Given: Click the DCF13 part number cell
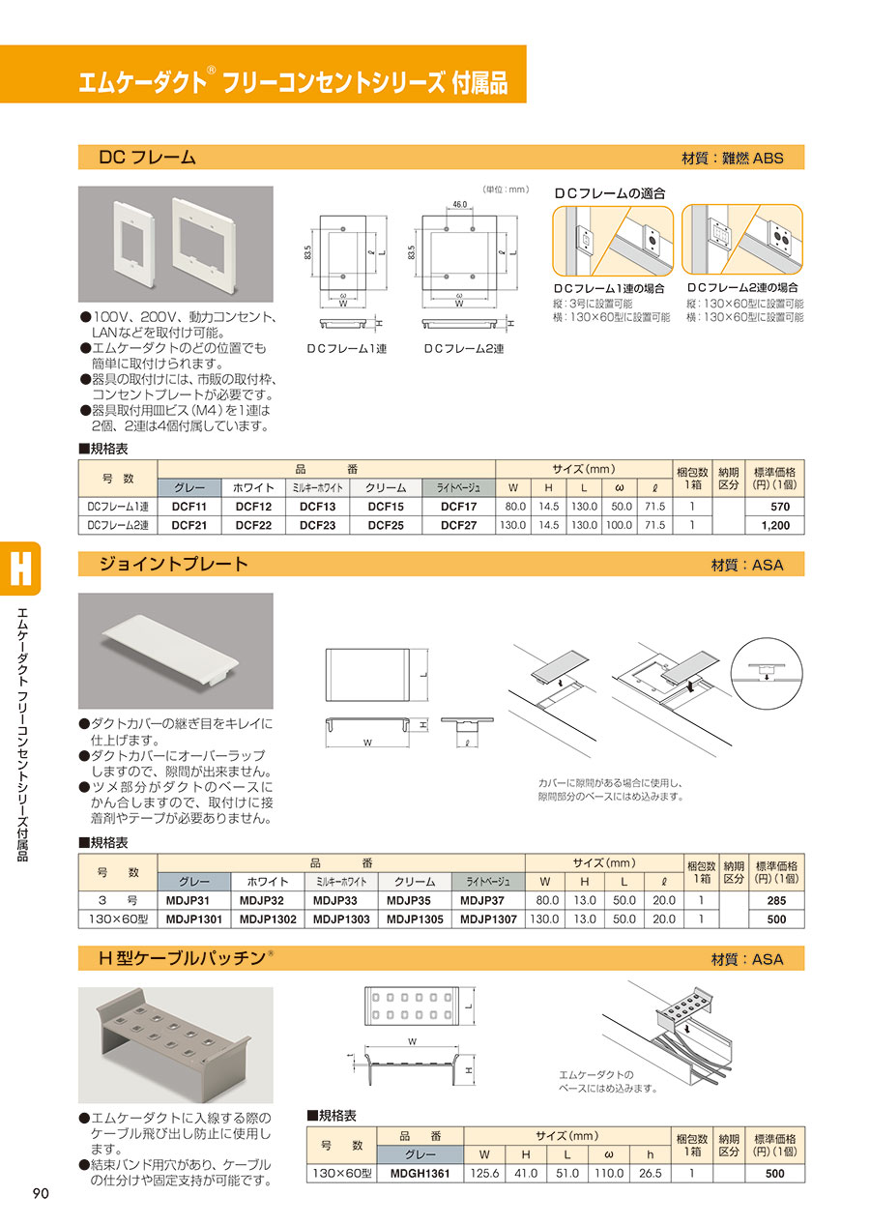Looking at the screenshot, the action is (x=317, y=507).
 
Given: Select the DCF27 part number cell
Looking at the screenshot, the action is (x=458, y=525).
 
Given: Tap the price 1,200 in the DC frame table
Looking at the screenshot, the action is (x=775, y=525).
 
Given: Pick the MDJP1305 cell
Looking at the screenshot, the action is (x=415, y=919).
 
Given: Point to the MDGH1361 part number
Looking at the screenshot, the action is (x=420, y=1173).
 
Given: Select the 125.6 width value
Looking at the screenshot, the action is (x=484, y=1173).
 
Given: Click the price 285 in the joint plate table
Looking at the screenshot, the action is (x=776, y=901).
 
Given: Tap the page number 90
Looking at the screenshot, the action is (x=41, y=1193).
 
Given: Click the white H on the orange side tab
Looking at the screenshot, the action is (x=20, y=569).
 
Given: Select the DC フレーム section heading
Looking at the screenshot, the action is (x=147, y=158).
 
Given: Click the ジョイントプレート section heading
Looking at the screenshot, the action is (x=173, y=564).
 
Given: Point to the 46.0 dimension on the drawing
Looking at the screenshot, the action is (x=459, y=205).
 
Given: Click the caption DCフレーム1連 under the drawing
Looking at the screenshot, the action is (x=347, y=349).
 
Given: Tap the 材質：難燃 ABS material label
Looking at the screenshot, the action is (x=732, y=158).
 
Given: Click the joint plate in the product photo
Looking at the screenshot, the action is (x=170, y=651).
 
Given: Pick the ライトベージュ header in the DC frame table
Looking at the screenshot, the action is (x=458, y=488).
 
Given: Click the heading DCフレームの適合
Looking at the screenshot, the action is (x=610, y=193).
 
